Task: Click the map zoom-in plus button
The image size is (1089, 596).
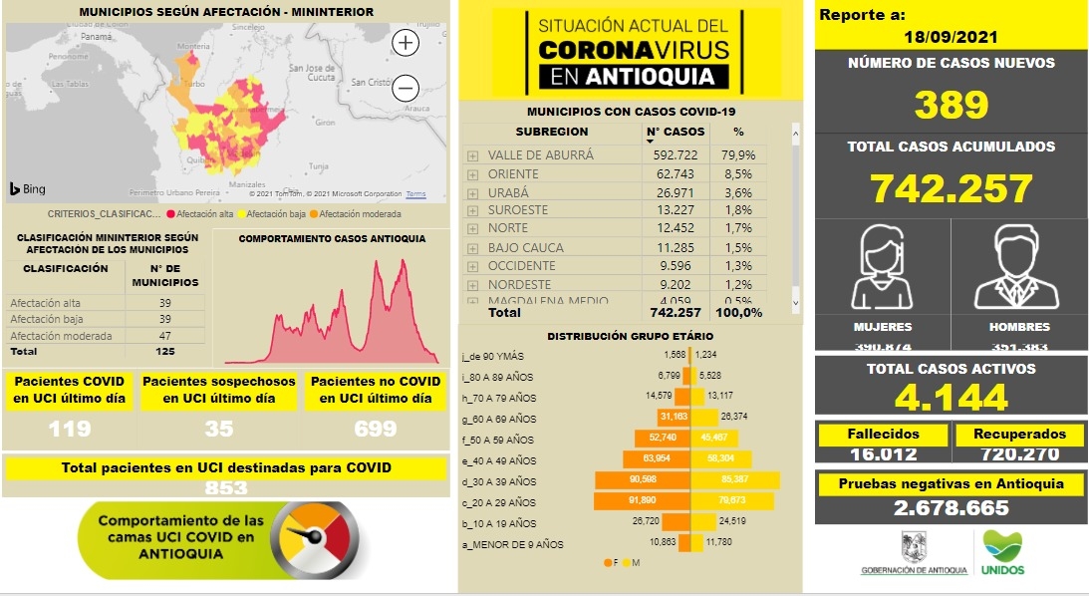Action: [x=406, y=43]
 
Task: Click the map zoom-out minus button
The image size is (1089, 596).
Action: [x=406, y=88]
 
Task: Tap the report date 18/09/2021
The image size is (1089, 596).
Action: [x=950, y=36]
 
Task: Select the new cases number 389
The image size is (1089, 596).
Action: [x=951, y=104]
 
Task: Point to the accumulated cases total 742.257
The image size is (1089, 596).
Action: [x=951, y=188]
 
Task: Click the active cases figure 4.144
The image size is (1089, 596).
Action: [x=951, y=398]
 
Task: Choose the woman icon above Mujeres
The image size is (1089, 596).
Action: [x=883, y=267]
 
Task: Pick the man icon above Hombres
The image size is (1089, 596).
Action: [x=1018, y=267]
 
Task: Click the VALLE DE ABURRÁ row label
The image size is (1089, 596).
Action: [x=540, y=155]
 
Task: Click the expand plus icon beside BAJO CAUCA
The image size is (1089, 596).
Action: [x=473, y=248]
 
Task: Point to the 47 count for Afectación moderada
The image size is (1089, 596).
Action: [x=165, y=336]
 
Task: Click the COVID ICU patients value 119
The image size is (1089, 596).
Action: [x=70, y=429]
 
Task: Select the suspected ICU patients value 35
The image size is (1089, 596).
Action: [x=219, y=429]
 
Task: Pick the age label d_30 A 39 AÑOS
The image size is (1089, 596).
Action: [x=499, y=481]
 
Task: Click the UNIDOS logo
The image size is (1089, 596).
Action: [x=1002, y=553]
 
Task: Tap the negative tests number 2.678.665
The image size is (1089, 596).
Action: [x=951, y=508]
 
